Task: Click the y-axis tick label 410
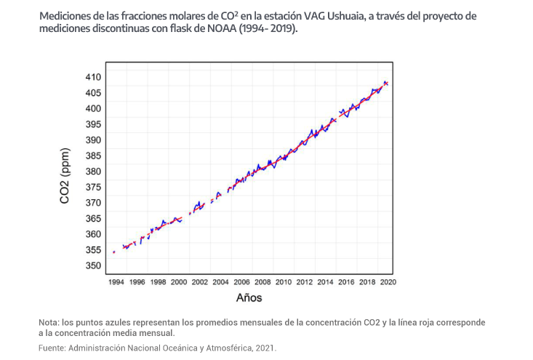click(x=93, y=76)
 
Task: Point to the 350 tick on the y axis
click(x=93, y=265)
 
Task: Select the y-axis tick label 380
click(x=93, y=171)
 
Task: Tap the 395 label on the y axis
click(x=93, y=124)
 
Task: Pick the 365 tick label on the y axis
click(x=93, y=218)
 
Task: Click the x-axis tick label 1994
click(x=115, y=281)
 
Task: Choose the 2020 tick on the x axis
click(x=388, y=281)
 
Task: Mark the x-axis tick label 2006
click(x=241, y=281)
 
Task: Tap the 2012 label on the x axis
click(x=305, y=281)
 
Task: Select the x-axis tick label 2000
click(x=178, y=281)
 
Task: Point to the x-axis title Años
click(x=249, y=297)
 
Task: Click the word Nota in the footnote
click(x=48, y=322)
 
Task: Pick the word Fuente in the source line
click(x=52, y=348)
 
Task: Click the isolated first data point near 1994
click(x=114, y=252)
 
